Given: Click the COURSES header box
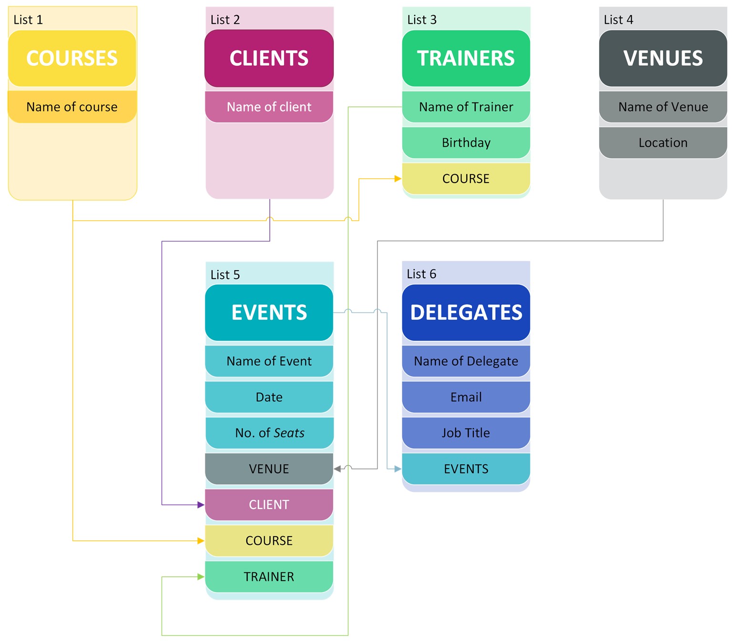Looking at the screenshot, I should (72, 58).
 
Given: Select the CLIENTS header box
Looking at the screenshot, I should (269, 58).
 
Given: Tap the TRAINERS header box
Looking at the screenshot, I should (466, 58).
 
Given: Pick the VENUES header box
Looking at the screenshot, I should (663, 58).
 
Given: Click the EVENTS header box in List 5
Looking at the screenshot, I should (269, 313).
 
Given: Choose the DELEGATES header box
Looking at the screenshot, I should (466, 313).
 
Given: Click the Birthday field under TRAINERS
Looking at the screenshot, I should (466, 143).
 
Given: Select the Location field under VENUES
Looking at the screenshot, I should (663, 143).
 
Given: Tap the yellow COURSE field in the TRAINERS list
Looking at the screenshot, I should (466, 179).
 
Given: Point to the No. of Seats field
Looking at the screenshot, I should (269, 433).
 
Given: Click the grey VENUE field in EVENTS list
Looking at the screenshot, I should (269, 469).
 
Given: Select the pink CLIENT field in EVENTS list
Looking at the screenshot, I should (269, 505).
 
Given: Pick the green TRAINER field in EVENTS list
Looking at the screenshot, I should (269, 577).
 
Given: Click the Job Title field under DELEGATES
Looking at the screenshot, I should (466, 433).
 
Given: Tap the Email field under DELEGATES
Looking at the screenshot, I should (466, 397).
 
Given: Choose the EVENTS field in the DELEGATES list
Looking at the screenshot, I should (466, 469).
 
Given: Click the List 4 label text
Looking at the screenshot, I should (618, 20).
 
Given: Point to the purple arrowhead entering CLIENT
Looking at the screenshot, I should (201, 505).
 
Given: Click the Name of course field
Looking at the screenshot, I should (72, 107).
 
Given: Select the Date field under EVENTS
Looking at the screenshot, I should (269, 397).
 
